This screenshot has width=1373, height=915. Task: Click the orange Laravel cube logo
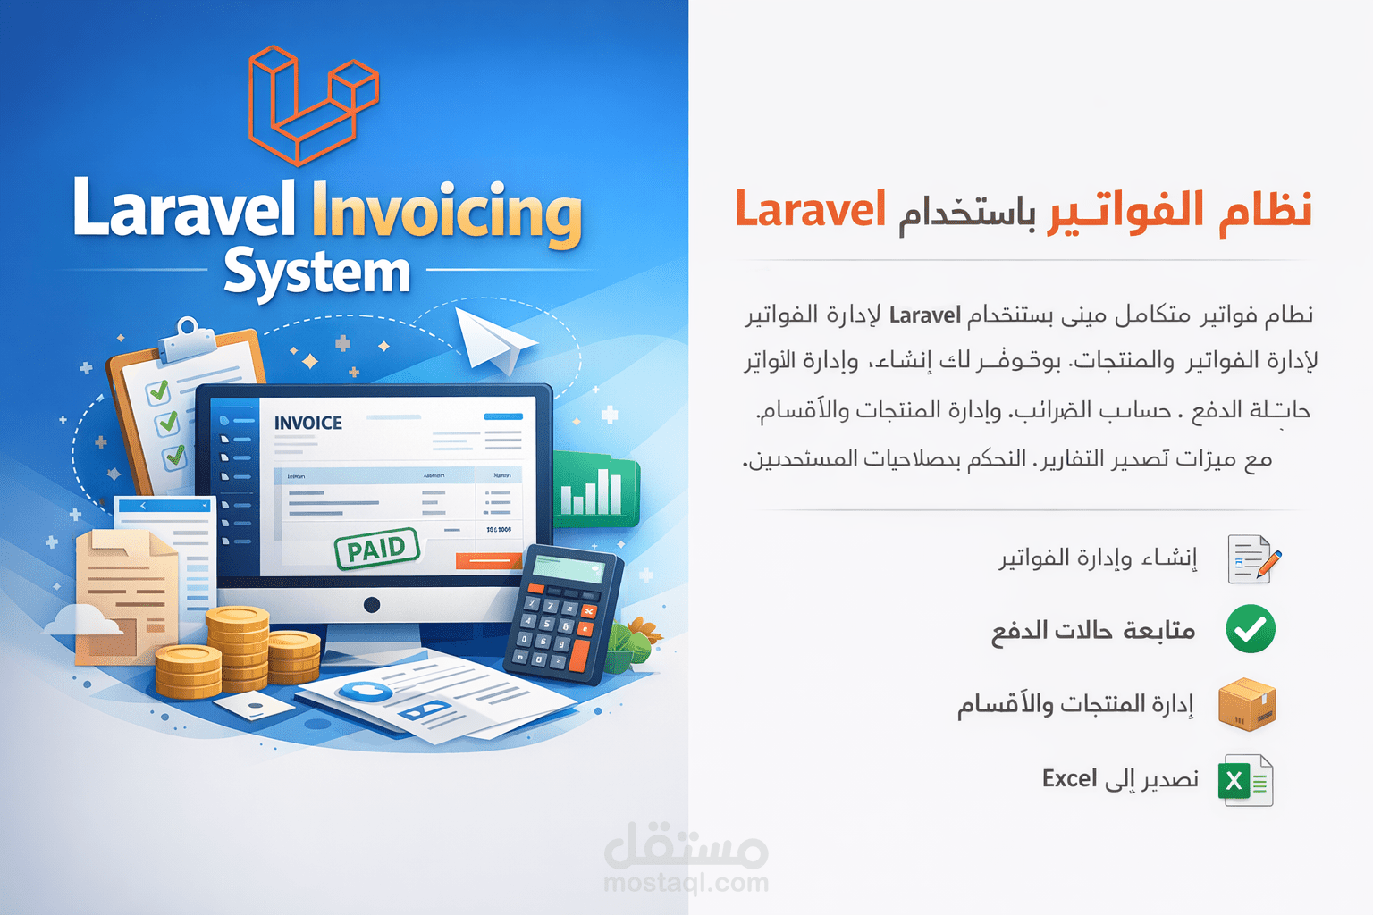(x=313, y=105)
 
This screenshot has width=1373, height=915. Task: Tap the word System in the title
(x=316, y=273)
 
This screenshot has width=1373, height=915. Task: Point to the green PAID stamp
(x=376, y=549)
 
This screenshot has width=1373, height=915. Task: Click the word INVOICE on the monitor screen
(x=307, y=423)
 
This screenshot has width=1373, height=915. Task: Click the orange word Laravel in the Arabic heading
(x=810, y=210)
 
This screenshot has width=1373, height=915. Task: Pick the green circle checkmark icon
(x=1250, y=629)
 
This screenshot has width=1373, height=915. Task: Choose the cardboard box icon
(x=1248, y=704)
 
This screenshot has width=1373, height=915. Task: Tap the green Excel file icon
(x=1245, y=781)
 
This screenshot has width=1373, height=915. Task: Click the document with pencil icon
(x=1253, y=559)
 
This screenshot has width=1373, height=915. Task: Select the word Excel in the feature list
(x=1069, y=778)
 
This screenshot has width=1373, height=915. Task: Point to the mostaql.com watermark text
(x=686, y=883)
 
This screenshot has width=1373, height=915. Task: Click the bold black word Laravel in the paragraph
(x=924, y=315)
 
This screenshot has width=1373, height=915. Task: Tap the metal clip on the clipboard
(x=189, y=332)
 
